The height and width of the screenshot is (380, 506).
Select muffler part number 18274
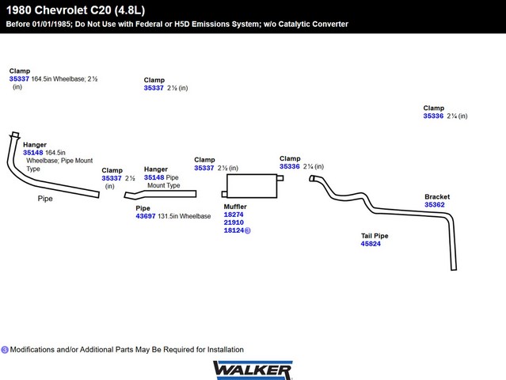[x=234, y=215]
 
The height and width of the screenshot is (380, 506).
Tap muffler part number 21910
[x=234, y=222]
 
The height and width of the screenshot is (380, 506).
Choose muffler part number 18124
[x=234, y=230]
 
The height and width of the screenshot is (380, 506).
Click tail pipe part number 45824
[x=371, y=244]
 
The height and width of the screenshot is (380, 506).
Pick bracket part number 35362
[x=434, y=205]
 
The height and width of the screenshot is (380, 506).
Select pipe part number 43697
[x=146, y=216]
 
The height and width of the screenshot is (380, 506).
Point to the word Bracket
[x=437, y=196]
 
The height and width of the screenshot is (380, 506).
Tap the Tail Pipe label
[x=375, y=236]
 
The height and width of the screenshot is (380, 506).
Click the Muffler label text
[x=235, y=207]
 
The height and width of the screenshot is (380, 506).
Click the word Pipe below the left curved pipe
[x=45, y=199]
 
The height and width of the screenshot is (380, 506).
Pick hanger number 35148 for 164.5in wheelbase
[x=33, y=153]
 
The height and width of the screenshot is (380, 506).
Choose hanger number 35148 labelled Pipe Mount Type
[x=154, y=177]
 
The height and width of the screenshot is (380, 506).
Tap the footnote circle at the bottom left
[x=5, y=349]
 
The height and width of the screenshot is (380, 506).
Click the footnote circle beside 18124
[x=248, y=231]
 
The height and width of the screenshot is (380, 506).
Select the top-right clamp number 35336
[x=433, y=116]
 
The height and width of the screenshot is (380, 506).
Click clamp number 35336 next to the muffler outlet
[x=290, y=166]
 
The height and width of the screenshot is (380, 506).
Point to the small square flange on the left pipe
[x=15, y=135]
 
